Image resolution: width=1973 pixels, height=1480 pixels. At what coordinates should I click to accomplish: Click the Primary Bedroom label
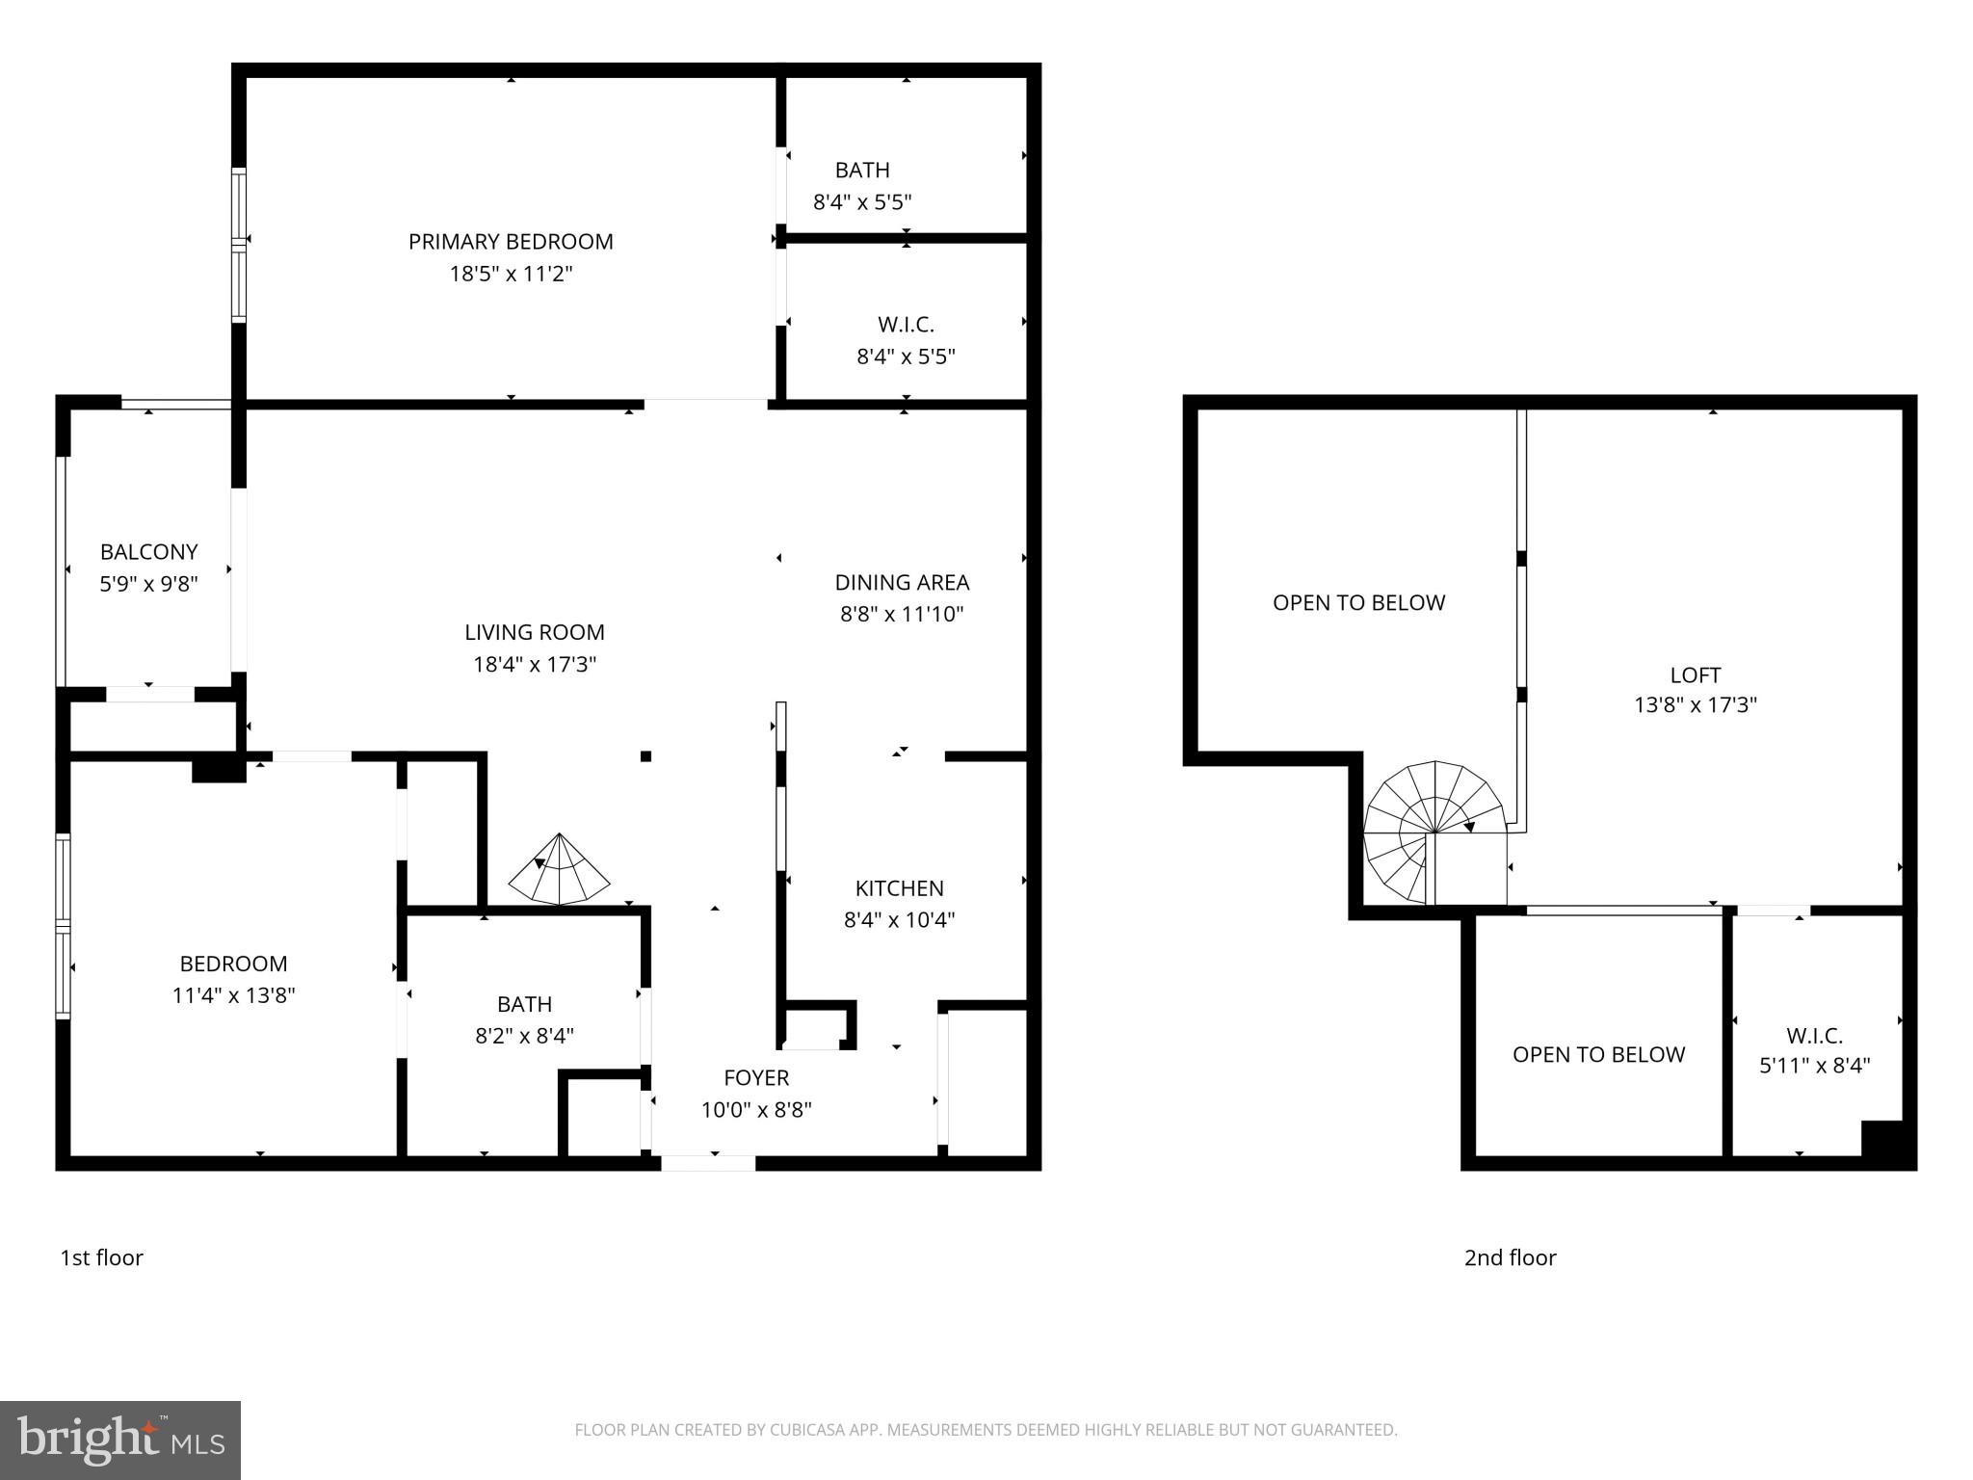(511, 242)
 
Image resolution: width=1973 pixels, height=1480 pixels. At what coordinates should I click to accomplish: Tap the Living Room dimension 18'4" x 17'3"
(535, 664)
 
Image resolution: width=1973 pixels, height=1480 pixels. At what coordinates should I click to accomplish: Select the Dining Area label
(902, 582)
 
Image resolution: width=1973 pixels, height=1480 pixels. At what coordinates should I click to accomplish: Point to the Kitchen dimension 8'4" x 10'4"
(899, 919)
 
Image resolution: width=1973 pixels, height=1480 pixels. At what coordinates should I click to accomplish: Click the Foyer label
(756, 1077)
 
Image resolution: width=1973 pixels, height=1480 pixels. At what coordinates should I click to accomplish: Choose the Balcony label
(148, 552)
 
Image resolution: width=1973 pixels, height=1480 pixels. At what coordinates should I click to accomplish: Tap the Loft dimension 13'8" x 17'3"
(1695, 704)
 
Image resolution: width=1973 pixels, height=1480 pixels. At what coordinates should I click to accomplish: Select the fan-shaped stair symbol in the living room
(559, 870)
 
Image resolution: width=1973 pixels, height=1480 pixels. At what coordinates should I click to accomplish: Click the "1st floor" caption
(101, 1257)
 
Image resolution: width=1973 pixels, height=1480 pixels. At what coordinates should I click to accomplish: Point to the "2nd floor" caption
(1510, 1257)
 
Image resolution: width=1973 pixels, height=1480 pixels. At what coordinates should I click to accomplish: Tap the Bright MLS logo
(120, 1440)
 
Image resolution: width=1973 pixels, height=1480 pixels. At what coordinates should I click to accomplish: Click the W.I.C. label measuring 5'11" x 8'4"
(1814, 1036)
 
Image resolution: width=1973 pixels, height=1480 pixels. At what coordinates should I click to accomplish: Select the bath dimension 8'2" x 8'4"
(524, 1036)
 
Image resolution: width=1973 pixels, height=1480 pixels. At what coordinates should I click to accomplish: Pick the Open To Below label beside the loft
(1358, 603)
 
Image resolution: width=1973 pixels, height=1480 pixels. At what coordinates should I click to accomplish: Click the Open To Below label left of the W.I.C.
(1598, 1054)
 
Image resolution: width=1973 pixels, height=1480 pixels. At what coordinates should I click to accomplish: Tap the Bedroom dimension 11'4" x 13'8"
(233, 995)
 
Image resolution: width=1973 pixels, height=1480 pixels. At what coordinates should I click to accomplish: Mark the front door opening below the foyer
(708, 1163)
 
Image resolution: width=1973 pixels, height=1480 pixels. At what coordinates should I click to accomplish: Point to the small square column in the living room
(645, 756)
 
